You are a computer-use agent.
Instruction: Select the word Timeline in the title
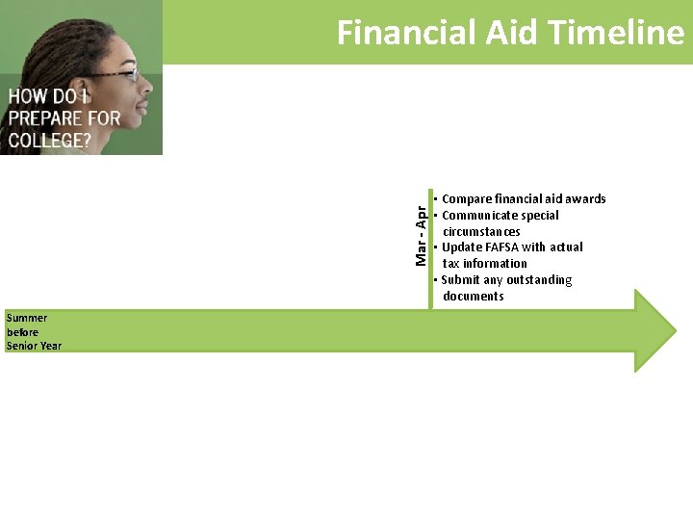pyautogui.click(x=616, y=33)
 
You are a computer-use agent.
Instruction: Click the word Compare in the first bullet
pyautogui.click(x=466, y=199)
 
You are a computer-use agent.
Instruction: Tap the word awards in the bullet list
pyautogui.click(x=585, y=199)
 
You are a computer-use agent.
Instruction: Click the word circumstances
pyautogui.click(x=481, y=232)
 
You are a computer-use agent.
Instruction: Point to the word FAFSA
pyautogui.click(x=502, y=247)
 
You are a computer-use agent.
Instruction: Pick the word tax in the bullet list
pyautogui.click(x=450, y=264)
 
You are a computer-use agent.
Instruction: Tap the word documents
pyautogui.click(x=474, y=297)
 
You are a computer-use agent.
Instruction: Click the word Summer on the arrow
pyautogui.click(x=26, y=318)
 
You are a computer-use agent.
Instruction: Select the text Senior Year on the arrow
pyautogui.click(x=34, y=346)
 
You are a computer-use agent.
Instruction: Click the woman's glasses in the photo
pyautogui.click(x=120, y=72)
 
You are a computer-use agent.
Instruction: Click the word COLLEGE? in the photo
pyautogui.click(x=50, y=140)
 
